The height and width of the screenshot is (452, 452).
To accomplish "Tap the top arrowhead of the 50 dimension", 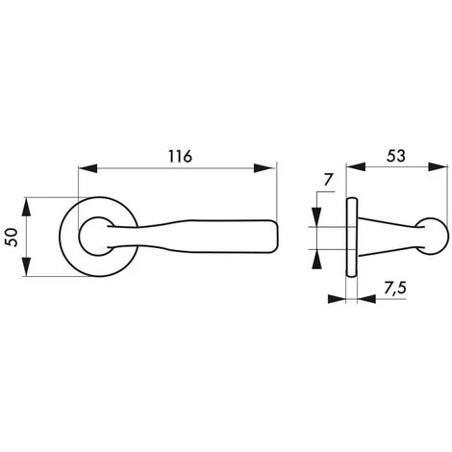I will [x=31, y=205].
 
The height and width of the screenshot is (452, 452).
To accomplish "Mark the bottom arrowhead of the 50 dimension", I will [x=31, y=269].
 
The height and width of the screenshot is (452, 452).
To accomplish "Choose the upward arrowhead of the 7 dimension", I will [x=315, y=253].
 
